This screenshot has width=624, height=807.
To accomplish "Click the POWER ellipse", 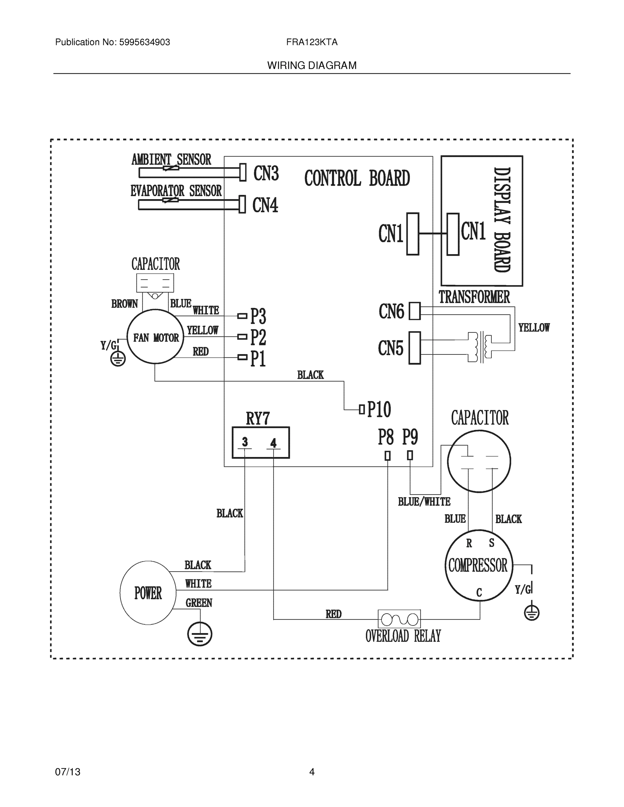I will [148, 593].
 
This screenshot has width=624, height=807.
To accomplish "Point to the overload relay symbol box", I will [399, 619].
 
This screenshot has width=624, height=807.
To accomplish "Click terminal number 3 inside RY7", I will [245, 442].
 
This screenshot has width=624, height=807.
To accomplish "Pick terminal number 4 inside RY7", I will [273, 443].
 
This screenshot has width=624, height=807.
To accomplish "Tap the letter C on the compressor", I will [479, 592].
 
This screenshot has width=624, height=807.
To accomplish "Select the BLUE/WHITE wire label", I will [424, 502].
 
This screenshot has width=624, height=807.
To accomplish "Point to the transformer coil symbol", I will [480, 347].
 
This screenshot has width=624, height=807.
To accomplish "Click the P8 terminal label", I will [386, 437].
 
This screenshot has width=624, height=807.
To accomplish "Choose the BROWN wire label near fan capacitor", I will [124, 304].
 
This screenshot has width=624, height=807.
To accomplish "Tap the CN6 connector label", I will [391, 311].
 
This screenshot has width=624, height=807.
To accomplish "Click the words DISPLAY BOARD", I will [502, 220].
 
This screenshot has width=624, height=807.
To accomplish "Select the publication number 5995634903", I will [144, 42].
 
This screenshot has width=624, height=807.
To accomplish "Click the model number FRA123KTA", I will [311, 42].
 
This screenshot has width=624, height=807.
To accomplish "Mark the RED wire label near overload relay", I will [333, 614].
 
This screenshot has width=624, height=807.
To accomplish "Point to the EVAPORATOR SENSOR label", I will [176, 191].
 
